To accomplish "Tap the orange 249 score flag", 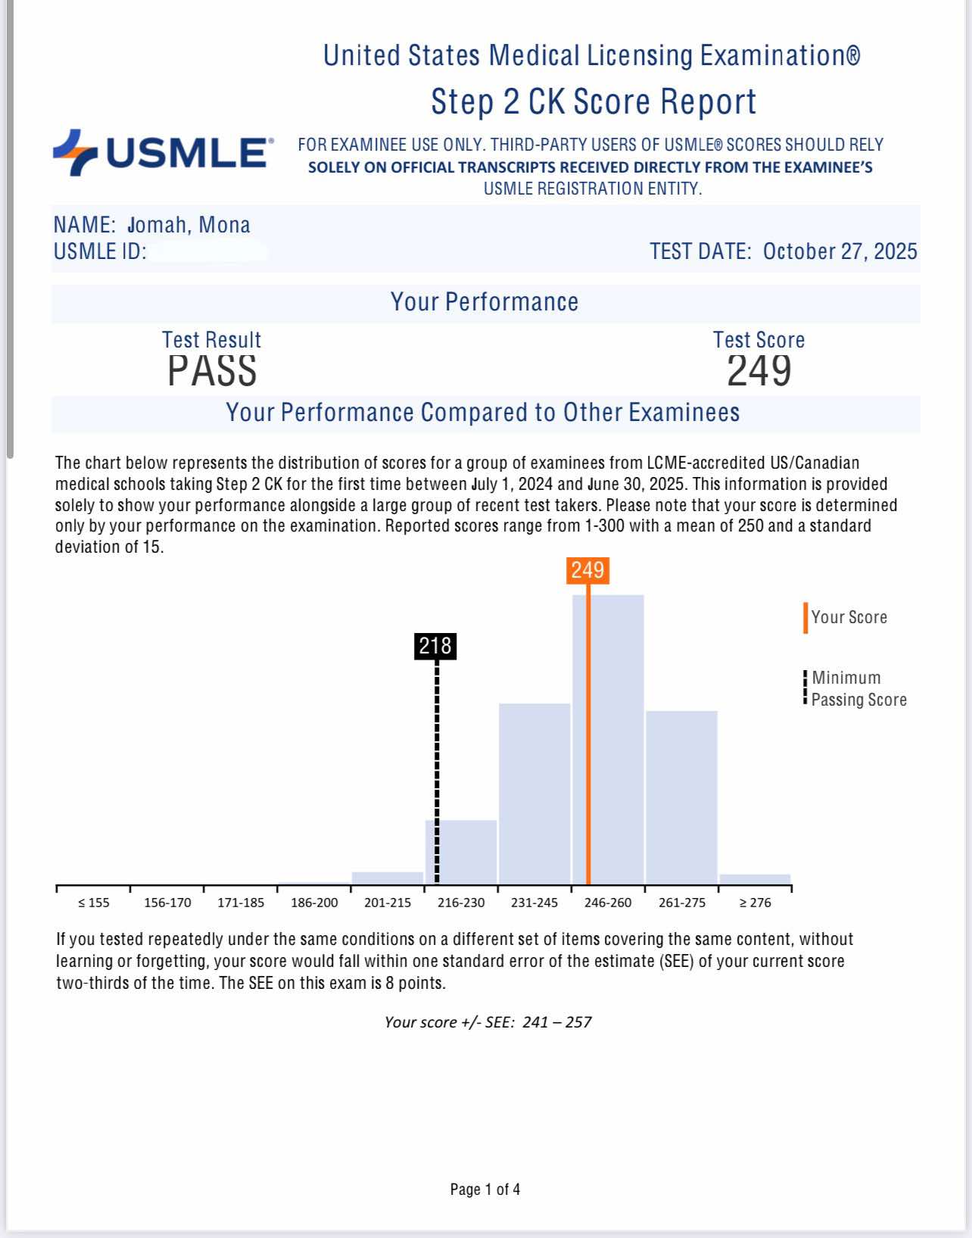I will tap(587, 570).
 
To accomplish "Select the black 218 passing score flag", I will tap(435, 646).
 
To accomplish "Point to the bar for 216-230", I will tap(461, 851).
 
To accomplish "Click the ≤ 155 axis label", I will tap(94, 903).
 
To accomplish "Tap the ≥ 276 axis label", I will tap(755, 903).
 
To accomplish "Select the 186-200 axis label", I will tap(314, 903).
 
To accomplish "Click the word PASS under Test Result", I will tap(212, 371).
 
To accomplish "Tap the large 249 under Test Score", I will tap(759, 371).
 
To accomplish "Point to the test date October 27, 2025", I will tap(840, 251).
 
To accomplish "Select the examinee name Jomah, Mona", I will tap(189, 225).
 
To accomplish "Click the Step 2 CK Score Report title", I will tap(593, 101).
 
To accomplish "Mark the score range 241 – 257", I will tap(556, 1022).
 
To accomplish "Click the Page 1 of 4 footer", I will tap(485, 1190).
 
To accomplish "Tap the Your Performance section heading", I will tap(484, 302).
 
